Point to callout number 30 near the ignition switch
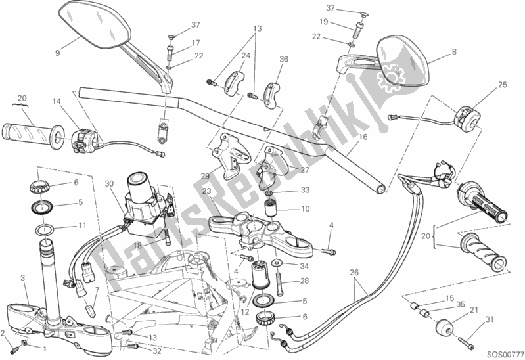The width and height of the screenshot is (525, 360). point(109,184)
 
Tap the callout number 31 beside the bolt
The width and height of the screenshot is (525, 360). point(488,320)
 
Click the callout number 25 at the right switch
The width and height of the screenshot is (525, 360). point(503,85)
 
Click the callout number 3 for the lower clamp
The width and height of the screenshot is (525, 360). point(23,279)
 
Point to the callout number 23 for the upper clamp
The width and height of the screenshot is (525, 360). point(206,191)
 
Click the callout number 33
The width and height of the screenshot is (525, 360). point(304,192)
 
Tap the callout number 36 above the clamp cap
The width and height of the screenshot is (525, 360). point(283,59)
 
